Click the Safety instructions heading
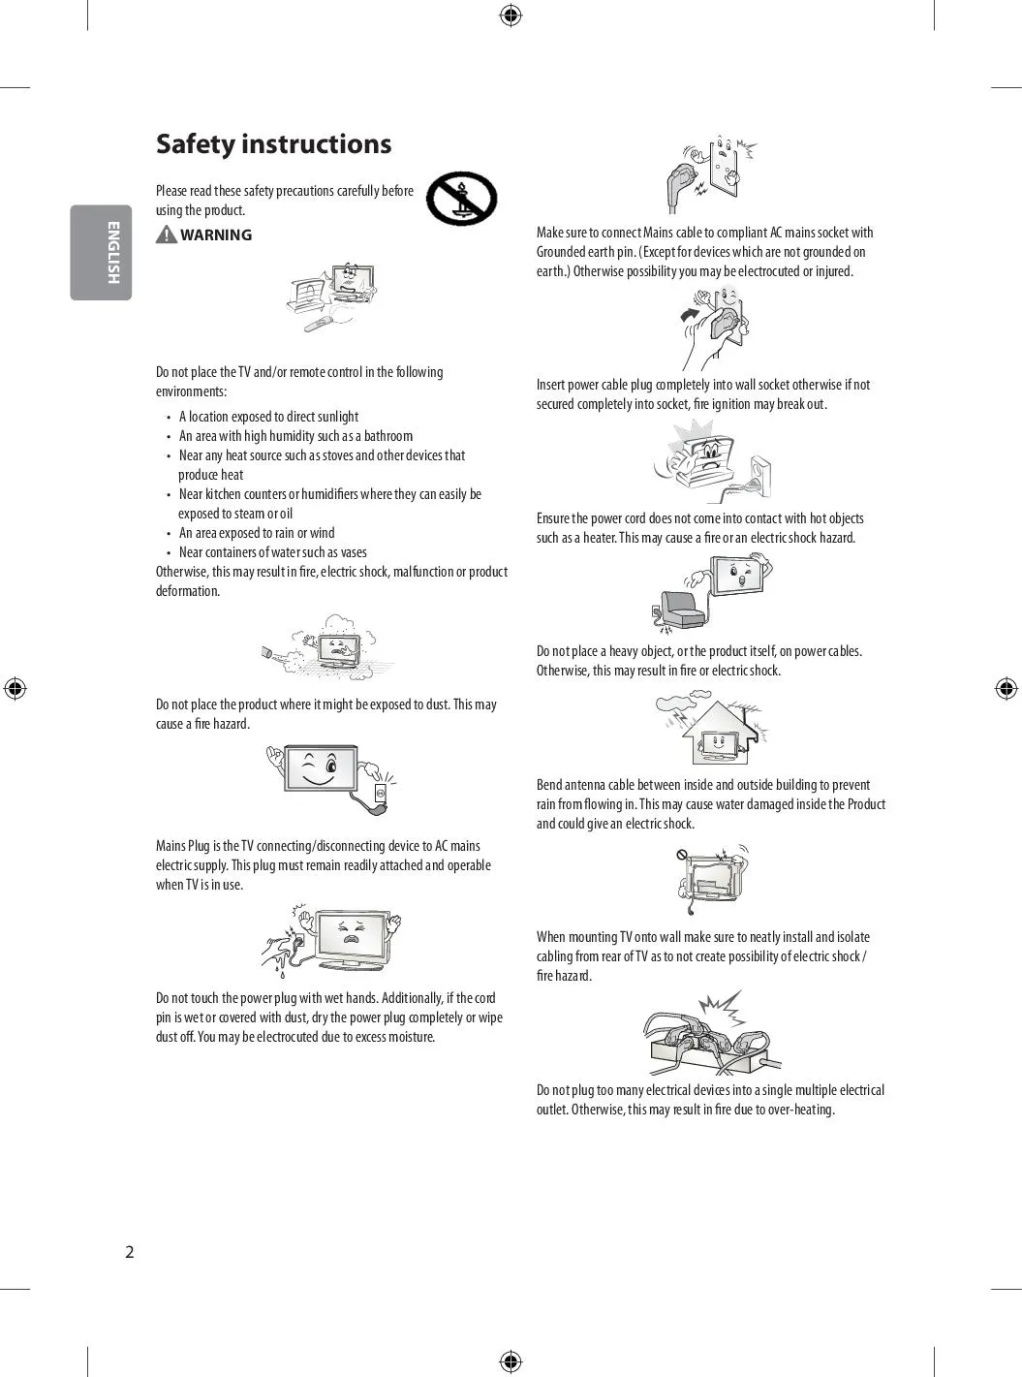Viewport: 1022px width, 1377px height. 273,144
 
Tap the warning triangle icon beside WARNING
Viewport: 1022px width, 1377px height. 167,235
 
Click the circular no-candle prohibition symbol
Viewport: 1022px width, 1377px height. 462,199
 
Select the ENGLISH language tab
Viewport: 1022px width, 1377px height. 101,252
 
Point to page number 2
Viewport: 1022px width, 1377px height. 130,1252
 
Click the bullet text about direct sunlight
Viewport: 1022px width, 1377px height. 268,417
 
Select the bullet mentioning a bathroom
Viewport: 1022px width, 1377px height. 295,436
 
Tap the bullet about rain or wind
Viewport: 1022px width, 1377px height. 257,533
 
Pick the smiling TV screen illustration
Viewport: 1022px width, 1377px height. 321,770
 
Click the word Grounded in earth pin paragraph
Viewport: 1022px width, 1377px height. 563,252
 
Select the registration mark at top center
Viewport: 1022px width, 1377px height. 511,16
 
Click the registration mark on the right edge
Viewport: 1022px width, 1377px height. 1006,688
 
